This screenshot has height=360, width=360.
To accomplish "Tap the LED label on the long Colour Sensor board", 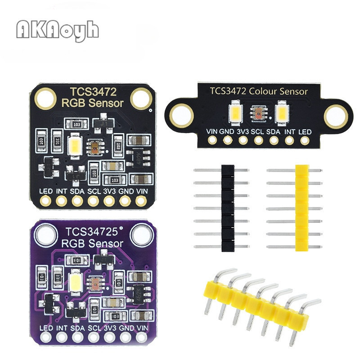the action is pos(306,131).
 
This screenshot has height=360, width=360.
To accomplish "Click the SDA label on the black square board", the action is pos(77,191).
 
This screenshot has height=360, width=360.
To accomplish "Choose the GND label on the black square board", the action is pos(126,191).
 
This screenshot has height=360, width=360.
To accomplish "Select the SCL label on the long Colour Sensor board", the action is pos(257,131).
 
